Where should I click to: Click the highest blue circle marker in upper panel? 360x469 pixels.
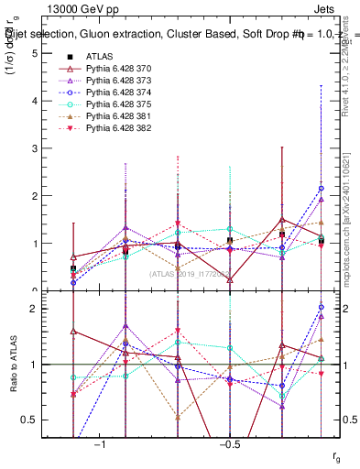(x=321, y=188)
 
